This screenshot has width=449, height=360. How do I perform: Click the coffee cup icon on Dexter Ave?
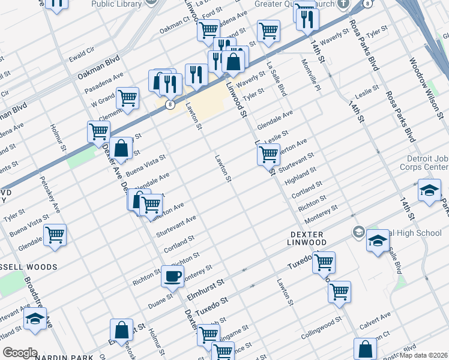[x=172, y=276]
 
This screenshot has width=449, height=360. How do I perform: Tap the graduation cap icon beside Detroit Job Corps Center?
[x=429, y=191]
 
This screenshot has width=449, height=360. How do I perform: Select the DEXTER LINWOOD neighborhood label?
[x=299, y=238]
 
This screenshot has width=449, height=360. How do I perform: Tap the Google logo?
[x=20, y=353]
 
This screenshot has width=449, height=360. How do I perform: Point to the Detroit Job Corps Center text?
[x=423, y=162]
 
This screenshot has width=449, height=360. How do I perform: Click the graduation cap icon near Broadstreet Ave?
[x=35, y=319]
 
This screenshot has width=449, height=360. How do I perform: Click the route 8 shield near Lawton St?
[x=171, y=104]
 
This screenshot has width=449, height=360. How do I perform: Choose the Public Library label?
[x=116, y=4]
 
